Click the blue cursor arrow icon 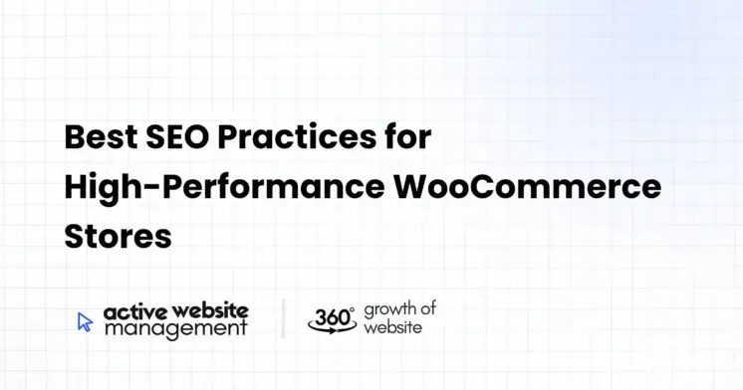pos(85,321)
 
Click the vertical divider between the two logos pos(283,318)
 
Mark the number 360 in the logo pos(329,316)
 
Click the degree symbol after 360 pos(352,309)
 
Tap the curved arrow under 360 pos(332,328)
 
